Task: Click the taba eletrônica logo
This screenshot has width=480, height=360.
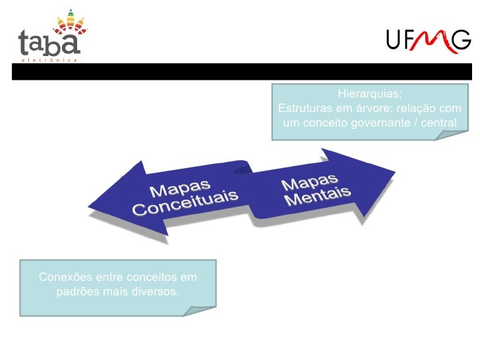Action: tap(50, 37)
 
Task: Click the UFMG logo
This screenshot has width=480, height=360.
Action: tap(428, 42)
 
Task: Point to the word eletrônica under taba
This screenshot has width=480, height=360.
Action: tap(50, 59)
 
